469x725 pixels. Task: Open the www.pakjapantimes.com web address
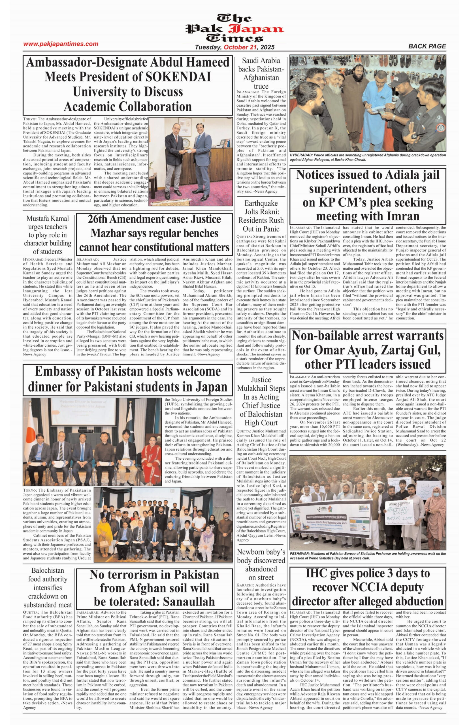[61, 44]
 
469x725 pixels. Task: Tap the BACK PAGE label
[427, 46]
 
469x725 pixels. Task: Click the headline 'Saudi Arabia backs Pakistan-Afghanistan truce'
[261, 73]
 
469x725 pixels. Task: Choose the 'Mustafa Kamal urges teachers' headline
[48, 235]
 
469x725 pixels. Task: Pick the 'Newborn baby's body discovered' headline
[261, 564]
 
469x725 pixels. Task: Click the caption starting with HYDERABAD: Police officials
[368, 157]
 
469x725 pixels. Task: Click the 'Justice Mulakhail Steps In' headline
[261, 401]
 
